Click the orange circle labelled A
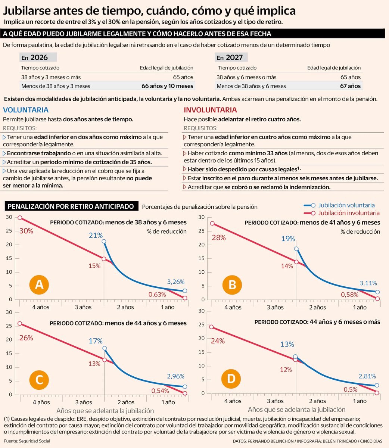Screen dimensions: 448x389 point(39,285)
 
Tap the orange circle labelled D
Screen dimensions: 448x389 point(231,379)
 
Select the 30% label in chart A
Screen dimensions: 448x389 point(26,231)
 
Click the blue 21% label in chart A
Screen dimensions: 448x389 point(96,235)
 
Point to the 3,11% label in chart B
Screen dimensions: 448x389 point(368,283)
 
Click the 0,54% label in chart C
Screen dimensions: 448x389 point(160,391)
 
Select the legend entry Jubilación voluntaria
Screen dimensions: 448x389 point(346,205)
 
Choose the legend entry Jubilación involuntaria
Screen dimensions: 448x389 point(348,213)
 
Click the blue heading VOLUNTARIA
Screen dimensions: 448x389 point(25,110)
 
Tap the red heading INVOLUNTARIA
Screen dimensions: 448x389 point(210,110)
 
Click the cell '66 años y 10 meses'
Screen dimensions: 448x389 point(167,86)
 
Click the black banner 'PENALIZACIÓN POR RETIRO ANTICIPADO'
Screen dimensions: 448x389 point(71,206)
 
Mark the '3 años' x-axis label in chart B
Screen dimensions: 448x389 point(275,307)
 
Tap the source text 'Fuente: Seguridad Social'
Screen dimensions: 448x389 point(27,441)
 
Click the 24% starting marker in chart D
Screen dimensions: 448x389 point(211,327)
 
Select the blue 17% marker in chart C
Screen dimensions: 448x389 point(105,348)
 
